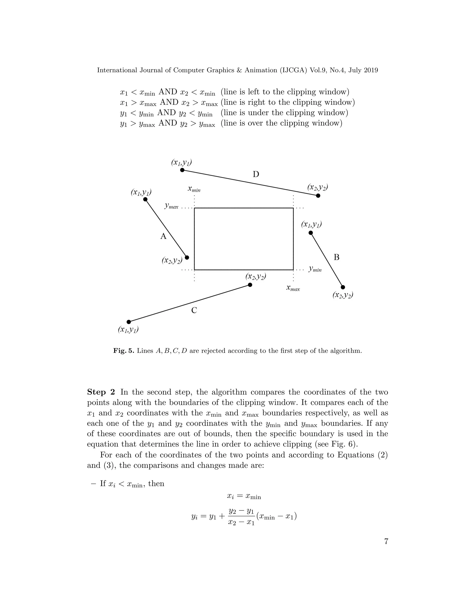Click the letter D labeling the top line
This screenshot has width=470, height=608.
click(x=256, y=175)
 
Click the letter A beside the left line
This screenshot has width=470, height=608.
click(x=163, y=236)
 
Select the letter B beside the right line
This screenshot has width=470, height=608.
click(x=336, y=257)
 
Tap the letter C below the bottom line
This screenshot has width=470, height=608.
click(x=194, y=310)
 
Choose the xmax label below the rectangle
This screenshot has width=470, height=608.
click(x=293, y=288)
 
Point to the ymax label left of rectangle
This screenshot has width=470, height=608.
click(x=171, y=206)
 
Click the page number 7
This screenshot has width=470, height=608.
click(x=386, y=541)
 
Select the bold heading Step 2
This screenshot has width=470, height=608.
click(x=101, y=392)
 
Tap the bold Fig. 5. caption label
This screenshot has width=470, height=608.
click(x=124, y=351)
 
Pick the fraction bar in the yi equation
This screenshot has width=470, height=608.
click(x=241, y=517)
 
